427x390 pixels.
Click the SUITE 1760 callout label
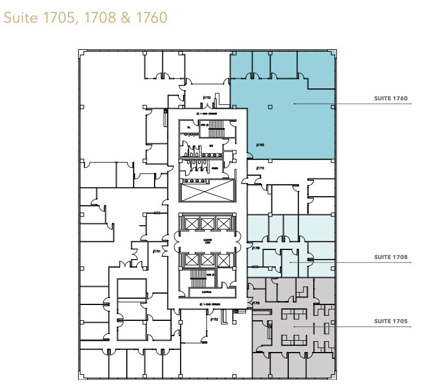coord(391,99)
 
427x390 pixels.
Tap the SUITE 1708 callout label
coord(391,257)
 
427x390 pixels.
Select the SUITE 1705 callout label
coord(391,321)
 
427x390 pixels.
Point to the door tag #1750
coord(207,98)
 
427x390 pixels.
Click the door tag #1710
coord(261,168)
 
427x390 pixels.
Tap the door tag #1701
coord(157,251)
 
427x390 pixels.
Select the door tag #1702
coord(214,320)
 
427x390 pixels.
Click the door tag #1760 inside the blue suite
coord(260,145)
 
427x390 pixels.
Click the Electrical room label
coord(207,292)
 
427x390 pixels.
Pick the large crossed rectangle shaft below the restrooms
coord(207,191)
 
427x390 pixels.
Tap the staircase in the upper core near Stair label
coord(217,131)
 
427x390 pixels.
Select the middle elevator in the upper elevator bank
coord(207,223)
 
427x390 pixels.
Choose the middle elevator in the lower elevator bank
coord(207,260)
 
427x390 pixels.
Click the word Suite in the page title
coord(18,18)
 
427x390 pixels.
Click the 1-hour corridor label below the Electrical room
coord(206,304)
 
